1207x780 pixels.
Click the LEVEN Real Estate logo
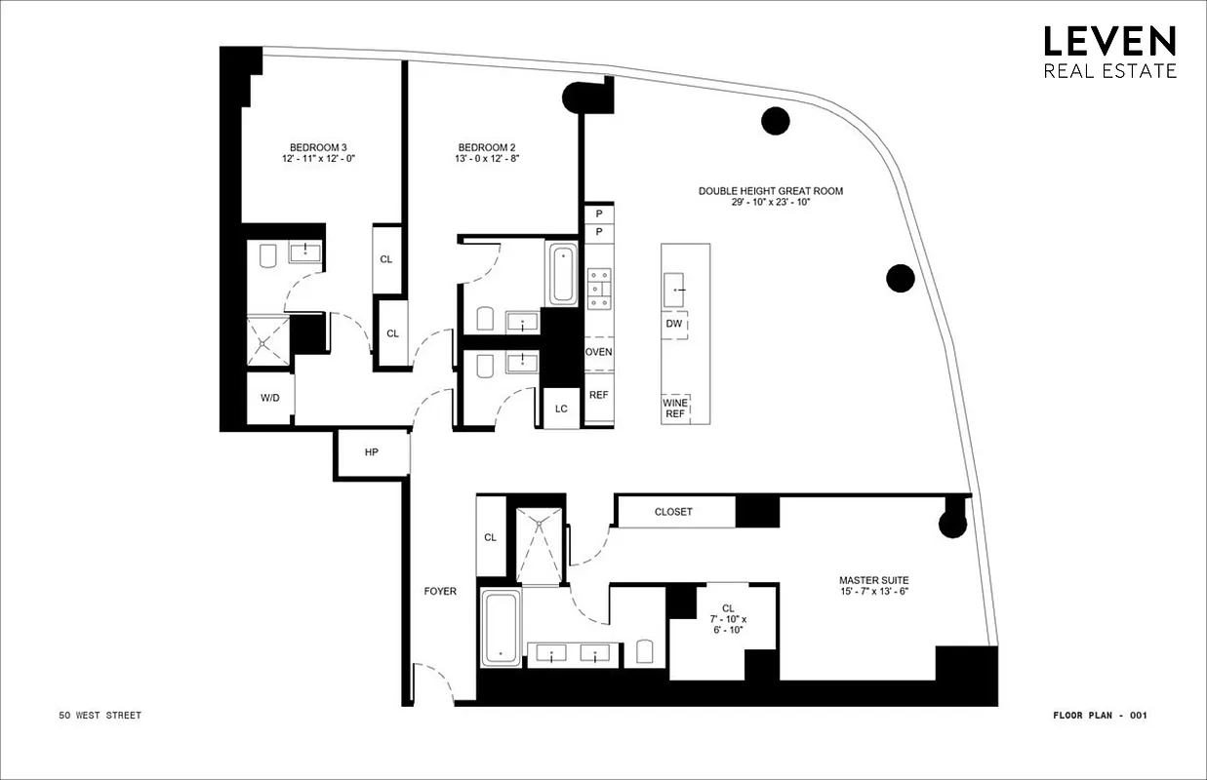pyautogui.click(x=1109, y=51)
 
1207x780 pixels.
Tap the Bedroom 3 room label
pyautogui.click(x=317, y=147)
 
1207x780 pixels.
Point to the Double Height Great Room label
pyautogui.click(x=770, y=191)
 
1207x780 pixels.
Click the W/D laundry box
pyautogui.click(x=269, y=399)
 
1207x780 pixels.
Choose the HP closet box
pyautogui.click(x=371, y=453)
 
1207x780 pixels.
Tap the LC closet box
pyautogui.click(x=561, y=409)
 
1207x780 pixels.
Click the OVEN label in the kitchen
pyautogui.click(x=598, y=352)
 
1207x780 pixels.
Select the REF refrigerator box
pyautogui.click(x=598, y=395)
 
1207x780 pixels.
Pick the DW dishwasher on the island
pyautogui.click(x=673, y=324)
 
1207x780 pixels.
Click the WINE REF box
pyautogui.click(x=674, y=408)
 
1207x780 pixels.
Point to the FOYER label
pyautogui.click(x=440, y=591)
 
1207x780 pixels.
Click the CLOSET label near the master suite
pyautogui.click(x=673, y=512)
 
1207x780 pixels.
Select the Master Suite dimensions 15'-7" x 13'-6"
pyautogui.click(x=873, y=592)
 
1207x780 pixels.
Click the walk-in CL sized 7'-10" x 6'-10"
pyautogui.click(x=728, y=619)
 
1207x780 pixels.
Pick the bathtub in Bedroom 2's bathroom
pyautogui.click(x=564, y=275)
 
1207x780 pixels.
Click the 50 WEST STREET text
pyautogui.click(x=100, y=716)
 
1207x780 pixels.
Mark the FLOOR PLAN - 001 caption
pyautogui.click(x=1100, y=716)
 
